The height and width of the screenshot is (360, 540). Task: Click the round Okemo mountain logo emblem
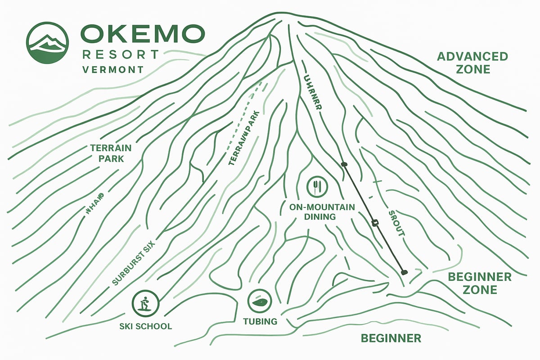click(47, 43)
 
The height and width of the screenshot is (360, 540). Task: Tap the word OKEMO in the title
click(142, 35)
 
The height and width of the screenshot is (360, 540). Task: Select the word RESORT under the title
click(121, 55)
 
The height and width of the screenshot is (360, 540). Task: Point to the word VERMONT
click(112, 70)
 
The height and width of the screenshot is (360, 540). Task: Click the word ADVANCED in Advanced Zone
click(472, 57)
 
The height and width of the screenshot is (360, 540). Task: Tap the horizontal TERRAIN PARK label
click(110, 153)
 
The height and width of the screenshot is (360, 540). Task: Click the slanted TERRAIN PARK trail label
click(245, 137)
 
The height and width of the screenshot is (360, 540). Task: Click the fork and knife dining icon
click(317, 186)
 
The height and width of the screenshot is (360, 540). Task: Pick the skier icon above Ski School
click(146, 303)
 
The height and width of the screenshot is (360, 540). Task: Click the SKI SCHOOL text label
click(145, 326)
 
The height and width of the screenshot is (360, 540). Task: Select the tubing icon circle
click(260, 301)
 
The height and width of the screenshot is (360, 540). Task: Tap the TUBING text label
click(260, 322)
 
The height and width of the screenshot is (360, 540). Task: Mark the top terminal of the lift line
click(345, 164)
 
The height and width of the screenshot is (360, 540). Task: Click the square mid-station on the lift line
click(374, 222)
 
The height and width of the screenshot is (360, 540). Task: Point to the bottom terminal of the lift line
click(404, 272)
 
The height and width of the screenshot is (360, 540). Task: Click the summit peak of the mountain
click(275, 17)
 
